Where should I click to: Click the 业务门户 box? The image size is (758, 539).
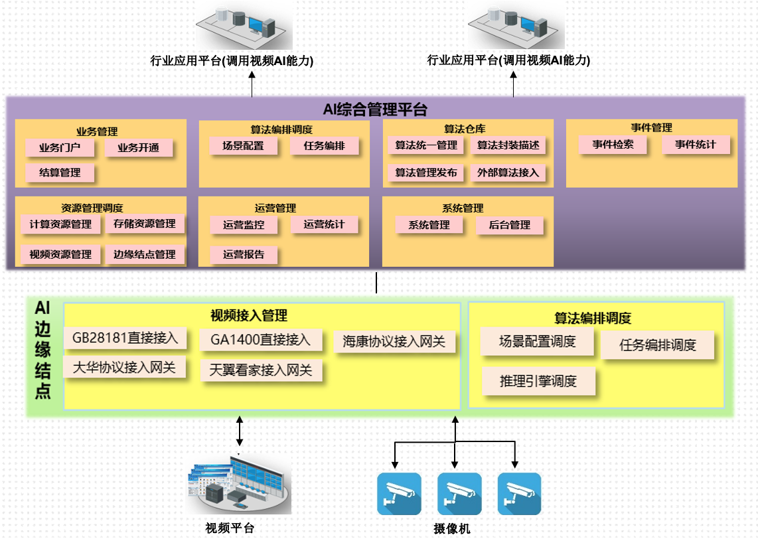pos(60,147)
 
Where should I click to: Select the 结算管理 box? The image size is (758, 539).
pos(60,173)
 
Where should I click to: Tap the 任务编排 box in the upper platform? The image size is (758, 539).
pos(324,146)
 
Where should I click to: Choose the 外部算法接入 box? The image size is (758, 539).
pos(508,173)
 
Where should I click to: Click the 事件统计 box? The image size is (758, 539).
pos(696,144)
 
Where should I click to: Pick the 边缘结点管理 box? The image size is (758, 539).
pos(144,254)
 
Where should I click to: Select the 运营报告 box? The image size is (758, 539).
pos(244,254)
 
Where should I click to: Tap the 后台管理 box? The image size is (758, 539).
pos(509,225)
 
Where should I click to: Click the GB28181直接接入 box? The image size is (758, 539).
pos(125,338)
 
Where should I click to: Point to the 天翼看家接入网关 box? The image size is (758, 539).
pos(261,370)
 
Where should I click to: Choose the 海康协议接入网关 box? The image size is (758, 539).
pos(394,342)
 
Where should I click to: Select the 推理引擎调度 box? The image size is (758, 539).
pos(538,381)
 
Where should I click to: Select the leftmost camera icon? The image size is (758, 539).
pos(399,493)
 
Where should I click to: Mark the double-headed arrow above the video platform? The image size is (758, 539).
pos(240,431)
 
